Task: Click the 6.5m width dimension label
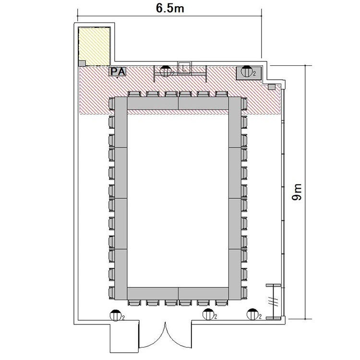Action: [170, 8]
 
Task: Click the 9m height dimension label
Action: [297, 192]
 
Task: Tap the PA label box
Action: [118, 72]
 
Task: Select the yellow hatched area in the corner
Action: [94, 47]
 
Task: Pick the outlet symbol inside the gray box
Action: [247, 71]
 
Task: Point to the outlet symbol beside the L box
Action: [165, 71]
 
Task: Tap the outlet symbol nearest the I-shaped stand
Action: [252, 314]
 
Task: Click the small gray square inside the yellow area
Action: [82, 63]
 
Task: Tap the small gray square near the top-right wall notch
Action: [272, 87]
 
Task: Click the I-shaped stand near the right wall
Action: [274, 301]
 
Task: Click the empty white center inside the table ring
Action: [178, 198]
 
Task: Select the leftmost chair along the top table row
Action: [134, 94]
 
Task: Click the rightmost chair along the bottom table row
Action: [222, 302]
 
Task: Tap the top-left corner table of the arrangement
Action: [121, 122]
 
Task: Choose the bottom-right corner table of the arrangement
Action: [235, 275]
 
